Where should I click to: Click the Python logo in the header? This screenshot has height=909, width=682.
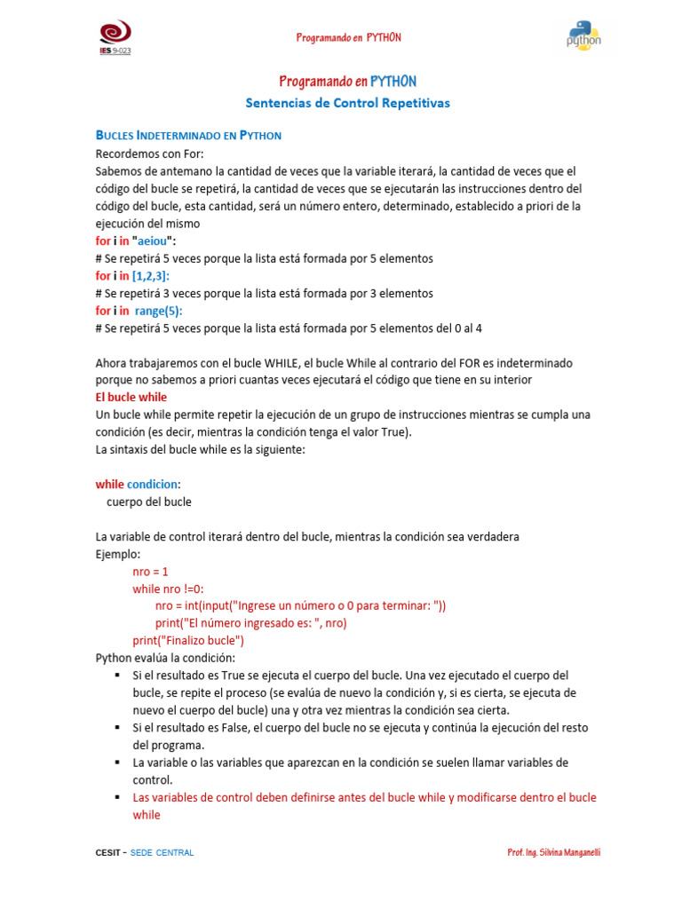coord(583,36)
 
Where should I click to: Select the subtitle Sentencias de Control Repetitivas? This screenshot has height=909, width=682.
coord(347,103)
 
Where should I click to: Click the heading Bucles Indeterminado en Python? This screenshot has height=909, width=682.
coord(188,136)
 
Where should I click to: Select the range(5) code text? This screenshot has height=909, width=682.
coord(158,311)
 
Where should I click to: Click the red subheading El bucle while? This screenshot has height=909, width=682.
coord(131,397)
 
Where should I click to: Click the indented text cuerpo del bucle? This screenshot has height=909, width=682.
coord(148,502)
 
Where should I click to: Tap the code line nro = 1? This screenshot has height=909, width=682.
coord(150,571)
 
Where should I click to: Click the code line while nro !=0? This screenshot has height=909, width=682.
coord(168,589)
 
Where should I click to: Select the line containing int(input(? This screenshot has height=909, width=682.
coord(300,605)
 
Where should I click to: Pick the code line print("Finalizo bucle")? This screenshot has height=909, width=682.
coord(188,640)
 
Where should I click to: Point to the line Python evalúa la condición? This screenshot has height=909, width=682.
coord(165,658)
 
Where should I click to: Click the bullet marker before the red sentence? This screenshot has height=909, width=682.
coord(117,797)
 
